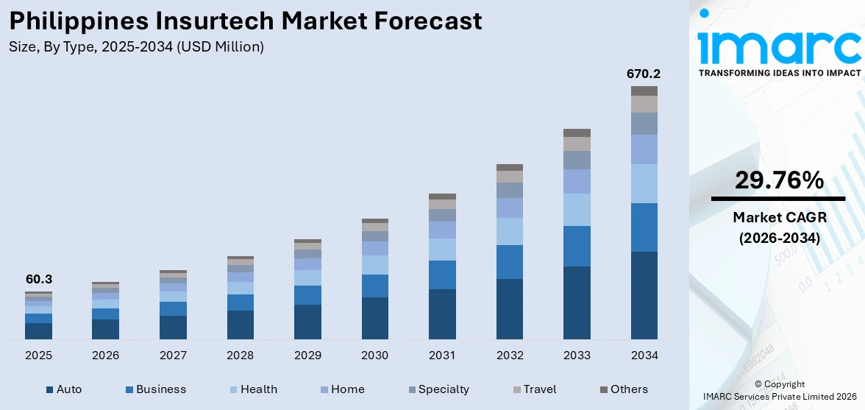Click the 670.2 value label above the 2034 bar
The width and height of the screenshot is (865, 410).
point(644,74)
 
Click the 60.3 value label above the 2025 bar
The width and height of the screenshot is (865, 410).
point(38,280)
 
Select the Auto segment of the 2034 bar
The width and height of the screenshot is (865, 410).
point(644,295)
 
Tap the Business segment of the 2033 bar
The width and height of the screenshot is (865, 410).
point(577,246)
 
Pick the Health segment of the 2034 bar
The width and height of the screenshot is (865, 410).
point(644,183)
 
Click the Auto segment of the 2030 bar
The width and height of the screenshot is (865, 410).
point(375,318)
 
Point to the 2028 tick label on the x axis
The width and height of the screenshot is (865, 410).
point(241,356)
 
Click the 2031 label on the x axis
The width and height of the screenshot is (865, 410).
point(442,356)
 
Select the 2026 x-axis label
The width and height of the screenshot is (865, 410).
point(106,356)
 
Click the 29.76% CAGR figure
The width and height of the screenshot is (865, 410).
point(777,180)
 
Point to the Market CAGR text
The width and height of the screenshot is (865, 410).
point(777,217)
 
